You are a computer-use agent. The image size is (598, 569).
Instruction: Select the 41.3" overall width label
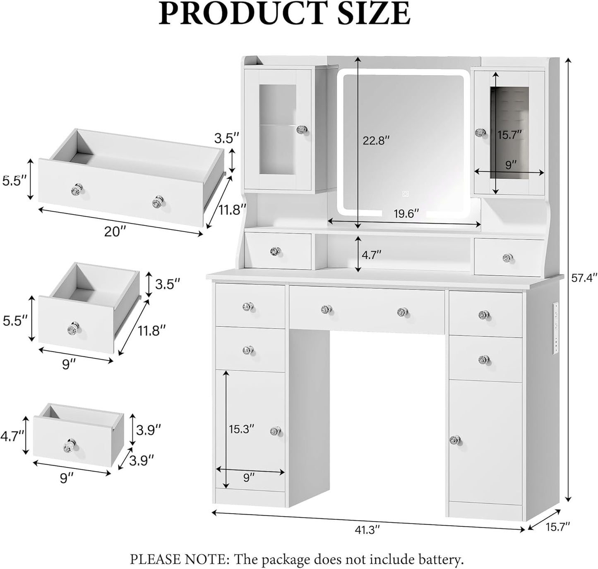[x=367, y=529]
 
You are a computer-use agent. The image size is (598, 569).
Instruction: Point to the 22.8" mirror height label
[x=376, y=141]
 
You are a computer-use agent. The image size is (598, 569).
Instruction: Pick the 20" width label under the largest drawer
[x=115, y=232]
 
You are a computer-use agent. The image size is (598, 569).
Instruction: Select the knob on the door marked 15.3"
[x=275, y=431]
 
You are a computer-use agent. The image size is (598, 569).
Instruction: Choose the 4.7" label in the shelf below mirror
[x=371, y=255]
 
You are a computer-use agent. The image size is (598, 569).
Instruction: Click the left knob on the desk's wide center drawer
[x=327, y=309]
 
